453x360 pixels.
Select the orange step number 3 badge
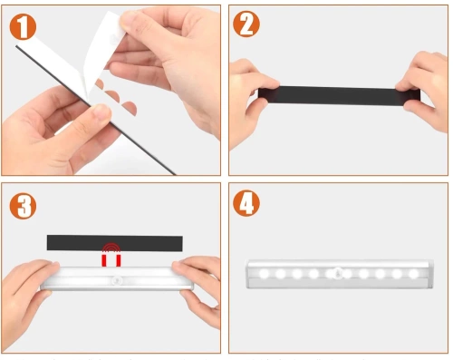24,206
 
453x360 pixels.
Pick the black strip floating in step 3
114,242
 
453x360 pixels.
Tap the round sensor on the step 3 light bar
115,282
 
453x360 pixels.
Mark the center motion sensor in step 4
336,272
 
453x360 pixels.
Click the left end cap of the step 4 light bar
250,273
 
